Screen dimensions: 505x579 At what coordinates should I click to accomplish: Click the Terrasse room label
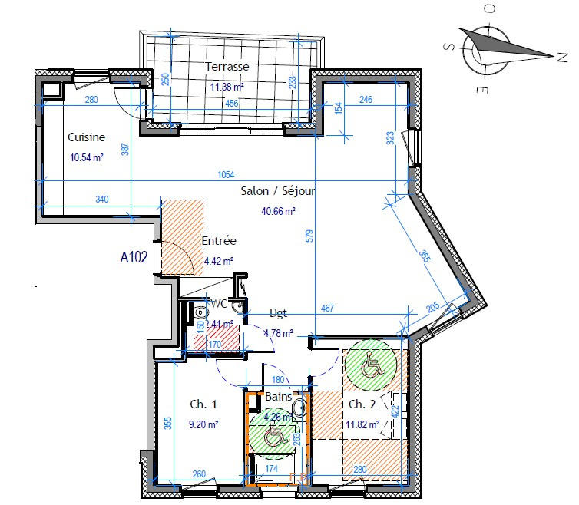[x=227, y=68]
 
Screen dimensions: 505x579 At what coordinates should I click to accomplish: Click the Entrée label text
[x=219, y=241]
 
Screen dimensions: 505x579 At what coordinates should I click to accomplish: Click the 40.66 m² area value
[x=279, y=210]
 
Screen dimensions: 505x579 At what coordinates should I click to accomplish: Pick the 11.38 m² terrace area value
[x=227, y=87]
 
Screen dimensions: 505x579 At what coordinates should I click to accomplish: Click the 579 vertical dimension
[x=309, y=236]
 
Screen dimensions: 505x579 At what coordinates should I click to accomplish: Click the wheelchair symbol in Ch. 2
[x=371, y=363]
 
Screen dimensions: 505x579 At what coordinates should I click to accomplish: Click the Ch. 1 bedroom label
[x=203, y=404]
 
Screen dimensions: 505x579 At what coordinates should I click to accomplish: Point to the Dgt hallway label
[x=279, y=313]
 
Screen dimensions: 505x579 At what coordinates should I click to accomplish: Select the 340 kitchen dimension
[x=102, y=200]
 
